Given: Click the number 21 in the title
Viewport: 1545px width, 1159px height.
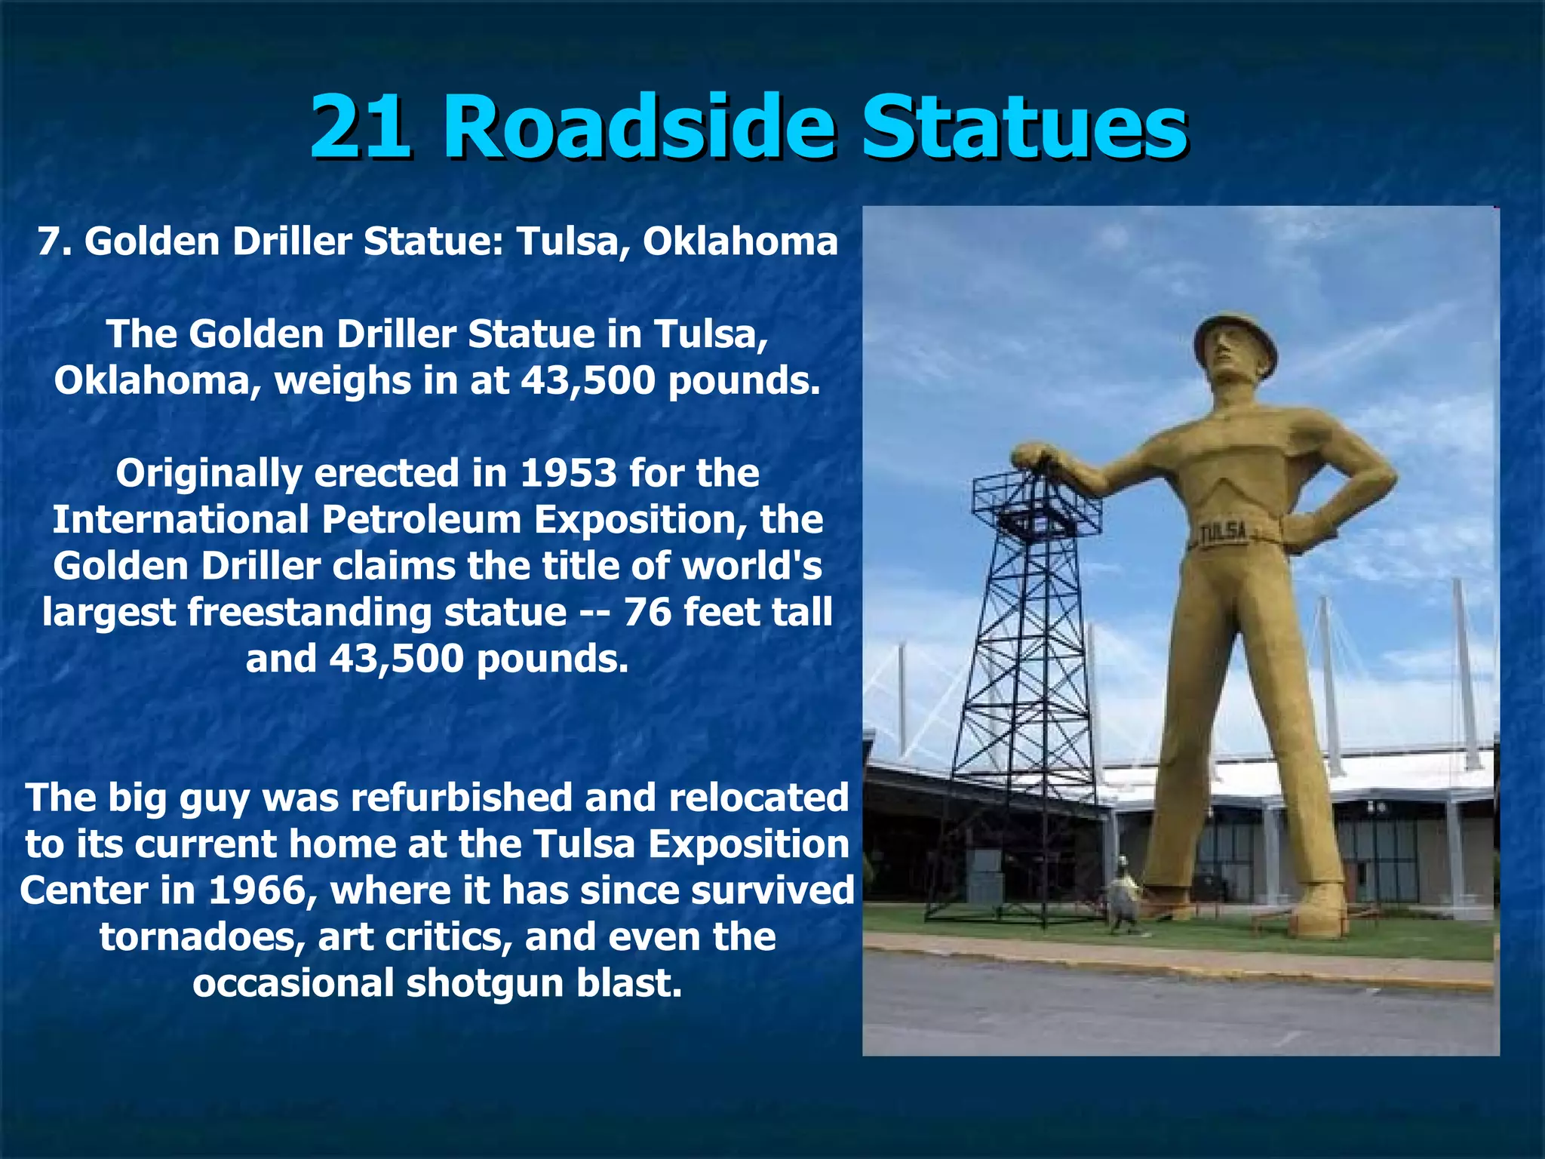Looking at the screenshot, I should click(x=360, y=126).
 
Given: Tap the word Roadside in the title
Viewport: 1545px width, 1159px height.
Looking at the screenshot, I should click(x=638, y=126).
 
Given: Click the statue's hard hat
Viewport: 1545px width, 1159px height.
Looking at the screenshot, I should click(x=1235, y=337).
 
